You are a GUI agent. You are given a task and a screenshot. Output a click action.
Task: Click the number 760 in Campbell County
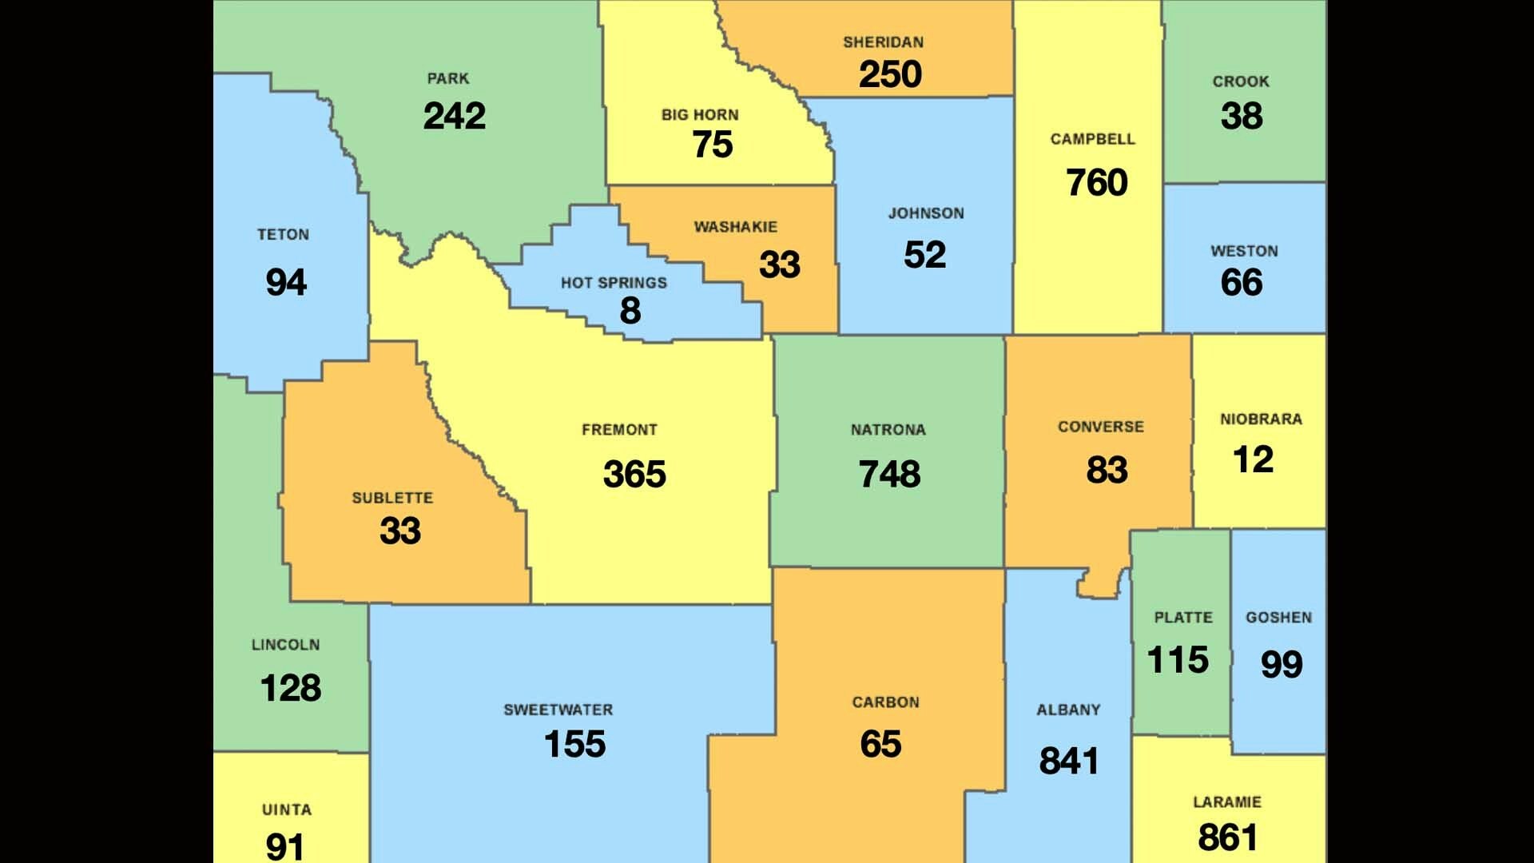coord(1096,183)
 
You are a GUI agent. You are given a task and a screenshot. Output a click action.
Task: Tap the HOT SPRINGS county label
coord(614,283)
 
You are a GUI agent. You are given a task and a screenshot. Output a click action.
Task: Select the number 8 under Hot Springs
coord(630,311)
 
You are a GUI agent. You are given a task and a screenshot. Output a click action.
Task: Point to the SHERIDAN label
coord(883,42)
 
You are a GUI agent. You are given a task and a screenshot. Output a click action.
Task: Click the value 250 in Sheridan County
coord(890,75)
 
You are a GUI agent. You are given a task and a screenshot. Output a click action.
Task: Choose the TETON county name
coord(283,235)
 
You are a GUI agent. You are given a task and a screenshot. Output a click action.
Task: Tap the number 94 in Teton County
coord(286,283)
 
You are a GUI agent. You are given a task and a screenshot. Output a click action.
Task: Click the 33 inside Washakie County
coord(779,265)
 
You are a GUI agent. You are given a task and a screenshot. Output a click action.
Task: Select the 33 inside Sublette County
coord(399,531)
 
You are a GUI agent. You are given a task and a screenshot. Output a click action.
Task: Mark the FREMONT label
coord(619,430)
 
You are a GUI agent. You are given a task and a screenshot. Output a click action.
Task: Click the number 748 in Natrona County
coord(889,475)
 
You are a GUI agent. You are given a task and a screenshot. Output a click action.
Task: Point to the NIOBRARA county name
coord(1261,420)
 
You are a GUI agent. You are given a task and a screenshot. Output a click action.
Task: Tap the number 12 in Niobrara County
coord(1253,460)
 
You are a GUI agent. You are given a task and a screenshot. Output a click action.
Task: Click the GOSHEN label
coord(1278,618)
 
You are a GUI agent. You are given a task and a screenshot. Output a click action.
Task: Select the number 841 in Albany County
coord(1068,762)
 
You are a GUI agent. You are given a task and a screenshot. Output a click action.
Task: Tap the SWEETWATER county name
coord(558,710)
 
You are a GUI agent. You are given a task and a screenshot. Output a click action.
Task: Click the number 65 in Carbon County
coord(880,745)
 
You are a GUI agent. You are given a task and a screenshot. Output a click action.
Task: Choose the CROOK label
coord(1240,82)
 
